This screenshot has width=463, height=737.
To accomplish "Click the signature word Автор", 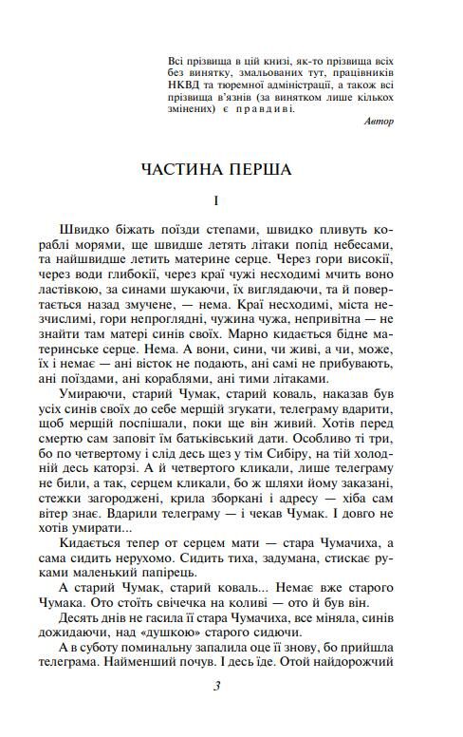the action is click(x=379, y=122).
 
